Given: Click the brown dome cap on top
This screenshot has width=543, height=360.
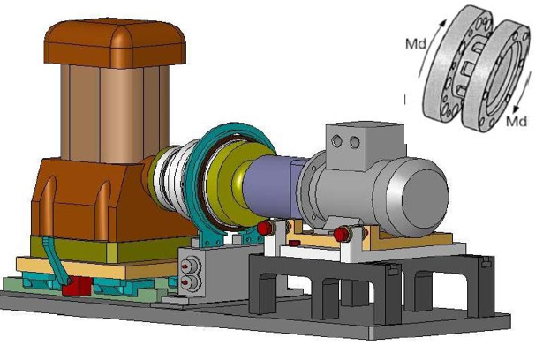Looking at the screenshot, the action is click(x=115, y=43).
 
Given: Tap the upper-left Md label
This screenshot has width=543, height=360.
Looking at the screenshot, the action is click(x=416, y=44).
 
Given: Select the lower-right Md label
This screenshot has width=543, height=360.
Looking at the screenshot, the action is click(x=517, y=121).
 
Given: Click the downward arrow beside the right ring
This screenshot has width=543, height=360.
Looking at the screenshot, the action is click(x=522, y=92).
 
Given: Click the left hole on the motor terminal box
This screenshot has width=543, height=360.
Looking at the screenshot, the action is click(x=336, y=141).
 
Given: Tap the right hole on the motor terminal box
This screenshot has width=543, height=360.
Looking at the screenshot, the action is click(x=355, y=142).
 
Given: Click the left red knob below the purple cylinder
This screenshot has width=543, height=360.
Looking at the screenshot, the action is click(x=265, y=228).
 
